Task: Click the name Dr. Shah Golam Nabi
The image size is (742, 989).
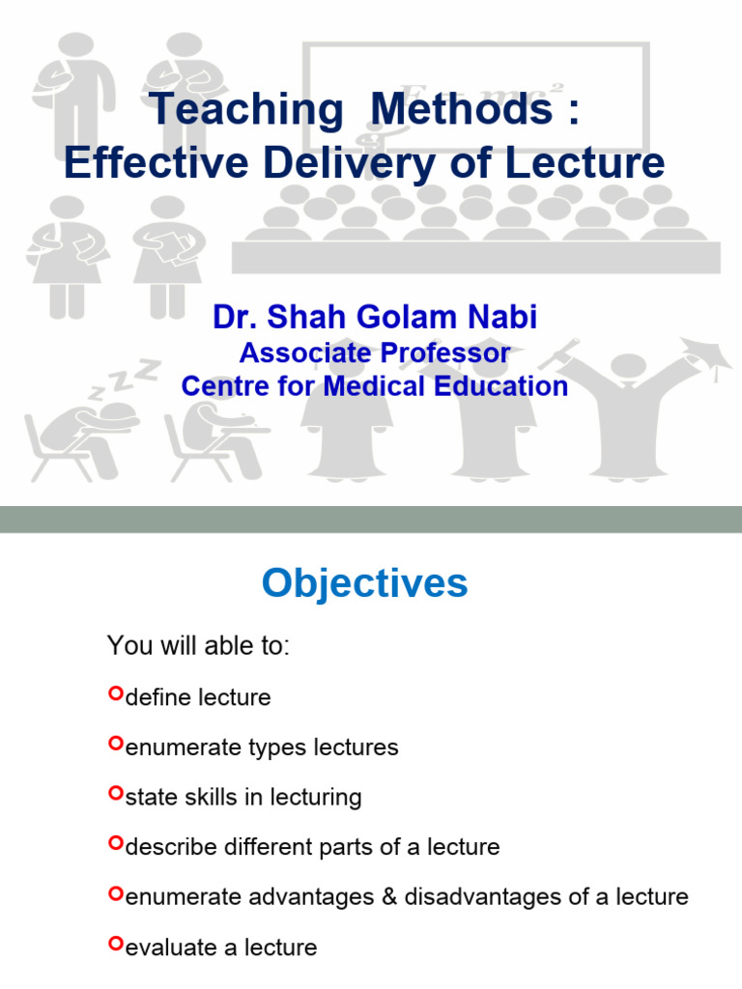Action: [x=375, y=318]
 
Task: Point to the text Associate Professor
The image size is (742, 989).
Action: [x=375, y=353]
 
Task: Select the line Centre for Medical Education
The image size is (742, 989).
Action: [x=375, y=386]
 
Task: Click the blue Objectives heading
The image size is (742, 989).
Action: [x=365, y=584]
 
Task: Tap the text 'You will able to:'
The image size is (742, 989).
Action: [x=198, y=646]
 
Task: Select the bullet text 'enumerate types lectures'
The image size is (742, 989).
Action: [x=262, y=748]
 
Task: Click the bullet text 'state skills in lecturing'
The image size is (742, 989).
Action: [x=243, y=798]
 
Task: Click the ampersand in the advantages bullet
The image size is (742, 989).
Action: [x=389, y=897]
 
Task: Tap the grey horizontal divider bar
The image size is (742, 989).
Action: [x=371, y=519]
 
